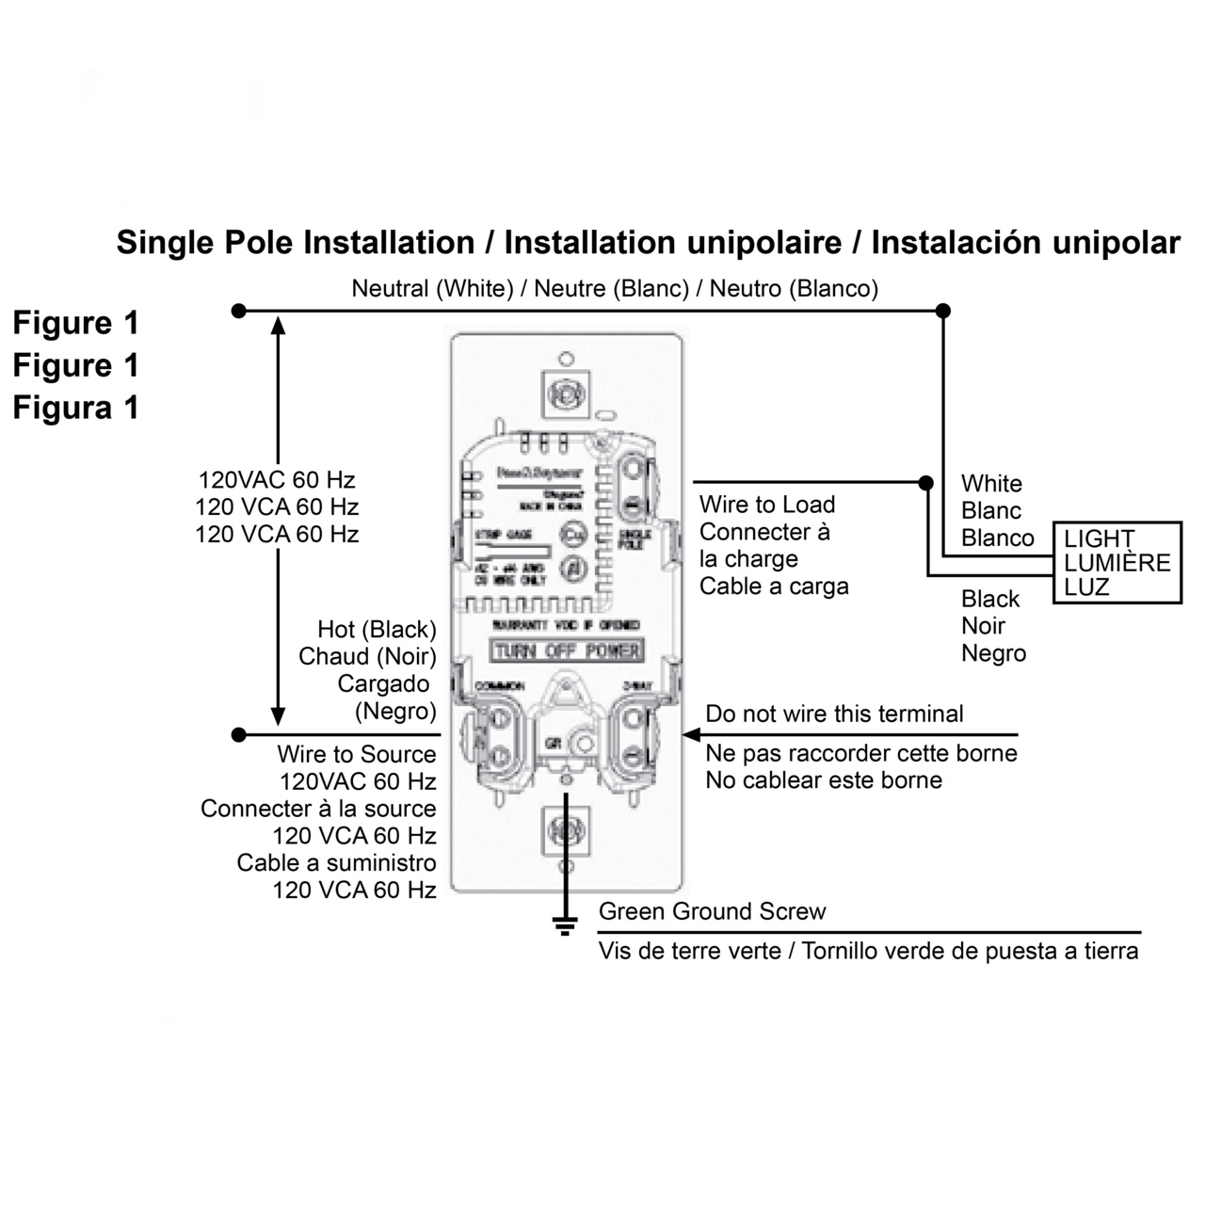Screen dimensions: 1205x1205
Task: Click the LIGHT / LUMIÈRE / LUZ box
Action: pyautogui.click(x=1117, y=563)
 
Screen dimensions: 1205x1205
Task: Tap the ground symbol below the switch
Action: pyautogui.click(x=565, y=924)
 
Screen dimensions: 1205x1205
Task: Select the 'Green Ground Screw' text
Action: pyautogui.click(x=712, y=911)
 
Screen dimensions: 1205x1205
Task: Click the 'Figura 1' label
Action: pyautogui.click(x=75, y=408)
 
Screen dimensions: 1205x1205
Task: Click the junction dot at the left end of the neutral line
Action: pyautogui.click(x=239, y=311)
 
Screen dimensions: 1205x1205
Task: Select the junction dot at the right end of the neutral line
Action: pyautogui.click(x=942, y=311)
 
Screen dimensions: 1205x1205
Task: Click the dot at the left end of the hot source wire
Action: pyautogui.click(x=239, y=734)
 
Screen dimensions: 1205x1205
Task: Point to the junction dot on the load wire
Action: pyautogui.click(x=926, y=483)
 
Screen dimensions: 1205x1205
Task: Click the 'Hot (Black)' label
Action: pyautogui.click(x=377, y=629)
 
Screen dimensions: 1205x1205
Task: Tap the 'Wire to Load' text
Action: pyautogui.click(x=766, y=505)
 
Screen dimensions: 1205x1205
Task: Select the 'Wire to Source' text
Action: pyautogui.click(x=356, y=754)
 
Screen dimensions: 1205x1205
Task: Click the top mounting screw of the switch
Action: pyautogui.click(x=566, y=393)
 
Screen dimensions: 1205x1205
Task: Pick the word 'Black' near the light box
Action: pyautogui.click(x=990, y=599)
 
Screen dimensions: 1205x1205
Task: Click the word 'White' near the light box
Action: pyautogui.click(x=991, y=484)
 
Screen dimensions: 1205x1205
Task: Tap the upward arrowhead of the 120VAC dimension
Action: pyautogui.click(x=278, y=326)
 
